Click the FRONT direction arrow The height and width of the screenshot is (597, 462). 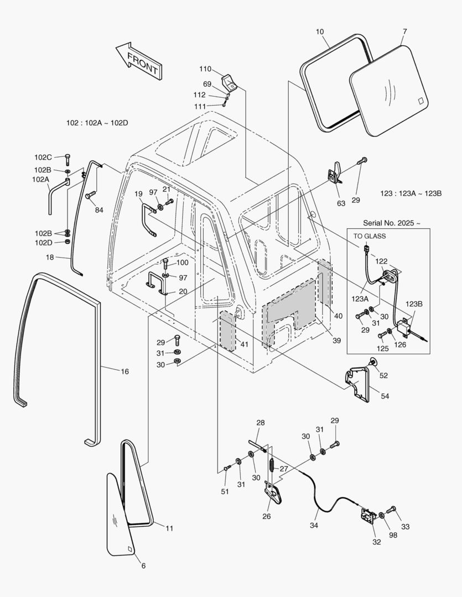138,60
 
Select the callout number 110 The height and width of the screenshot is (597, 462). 205,69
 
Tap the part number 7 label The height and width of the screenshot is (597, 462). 404,32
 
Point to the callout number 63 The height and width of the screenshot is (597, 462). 341,203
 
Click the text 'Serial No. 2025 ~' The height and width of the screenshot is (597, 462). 391,223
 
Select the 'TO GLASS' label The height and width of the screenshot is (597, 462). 370,235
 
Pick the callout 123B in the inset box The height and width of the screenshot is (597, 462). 414,303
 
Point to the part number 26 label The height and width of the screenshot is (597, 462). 267,517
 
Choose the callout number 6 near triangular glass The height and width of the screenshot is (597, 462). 143,565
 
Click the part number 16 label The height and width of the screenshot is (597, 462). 124,371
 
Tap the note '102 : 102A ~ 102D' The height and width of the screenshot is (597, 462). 97,123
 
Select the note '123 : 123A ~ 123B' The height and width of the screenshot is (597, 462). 413,193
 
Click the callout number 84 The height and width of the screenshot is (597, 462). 99,210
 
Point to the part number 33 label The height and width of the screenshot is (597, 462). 406,527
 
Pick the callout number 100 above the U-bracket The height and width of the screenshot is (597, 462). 182,263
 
